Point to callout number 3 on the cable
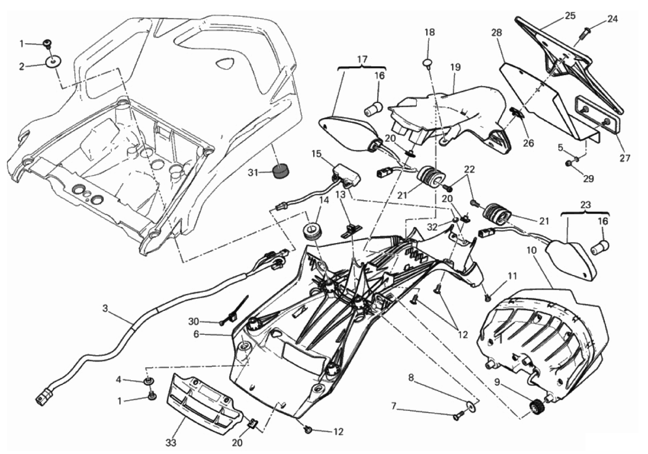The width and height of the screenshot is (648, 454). click(x=105, y=308)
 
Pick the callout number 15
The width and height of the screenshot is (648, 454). click(x=316, y=153)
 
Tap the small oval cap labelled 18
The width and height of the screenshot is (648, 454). click(x=429, y=63)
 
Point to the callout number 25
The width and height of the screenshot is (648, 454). click(x=570, y=16)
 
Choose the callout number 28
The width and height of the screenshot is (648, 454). click(x=497, y=33)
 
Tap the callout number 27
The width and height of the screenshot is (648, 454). click(x=625, y=158)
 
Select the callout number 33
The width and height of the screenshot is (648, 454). click(x=170, y=443)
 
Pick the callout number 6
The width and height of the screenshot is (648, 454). click(x=196, y=334)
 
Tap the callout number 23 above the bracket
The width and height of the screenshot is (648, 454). click(x=584, y=204)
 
